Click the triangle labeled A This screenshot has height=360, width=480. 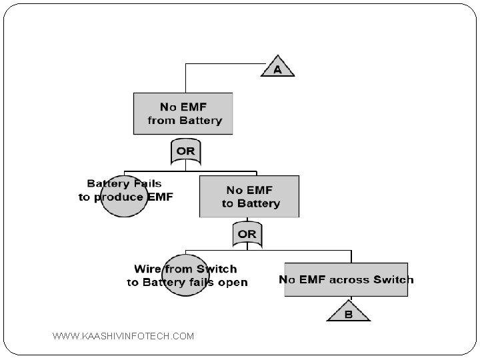277,68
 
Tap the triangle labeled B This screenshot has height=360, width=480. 349,312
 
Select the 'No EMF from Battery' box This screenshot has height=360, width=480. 183,113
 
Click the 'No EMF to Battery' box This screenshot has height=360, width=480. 249,197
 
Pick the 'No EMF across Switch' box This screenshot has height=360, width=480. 346,279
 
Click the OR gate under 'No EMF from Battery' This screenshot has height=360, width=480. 186,151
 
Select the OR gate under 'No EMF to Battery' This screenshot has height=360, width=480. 247,234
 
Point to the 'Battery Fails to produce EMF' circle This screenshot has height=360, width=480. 124,196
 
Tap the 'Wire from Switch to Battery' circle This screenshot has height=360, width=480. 185,275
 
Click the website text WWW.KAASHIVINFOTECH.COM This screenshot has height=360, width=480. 123,336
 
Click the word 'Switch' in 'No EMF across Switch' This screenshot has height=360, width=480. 393,279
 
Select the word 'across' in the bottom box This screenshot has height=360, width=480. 349,280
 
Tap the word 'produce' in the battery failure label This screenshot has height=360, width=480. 119,197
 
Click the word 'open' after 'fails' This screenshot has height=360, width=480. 233,283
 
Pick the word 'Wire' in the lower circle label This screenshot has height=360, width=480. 148,269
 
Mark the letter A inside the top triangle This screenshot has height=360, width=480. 277,70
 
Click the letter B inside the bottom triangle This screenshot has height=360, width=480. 349,314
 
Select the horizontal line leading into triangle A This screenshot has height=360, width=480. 225,64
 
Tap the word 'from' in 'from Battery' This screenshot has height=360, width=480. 161,120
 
